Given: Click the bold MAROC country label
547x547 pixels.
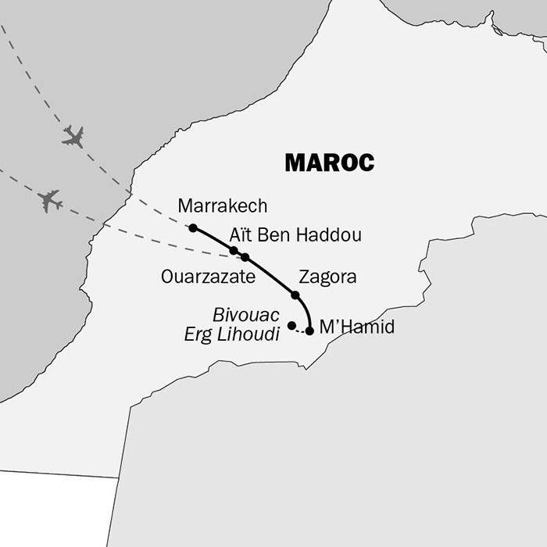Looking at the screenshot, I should pyautogui.click(x=329, y=163).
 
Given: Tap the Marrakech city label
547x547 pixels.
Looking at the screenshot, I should pyautogui.click(x=223, y=206).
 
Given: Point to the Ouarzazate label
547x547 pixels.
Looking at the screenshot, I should pyautogui.click(x=207, y=277).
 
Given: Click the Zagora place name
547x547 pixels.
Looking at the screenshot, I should pyautogui.click(x=327, y=277).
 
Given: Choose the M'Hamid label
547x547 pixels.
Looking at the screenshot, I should pyautogui.click(x=357, y=327).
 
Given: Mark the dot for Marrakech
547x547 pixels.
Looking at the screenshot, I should pyautogui.click(x=193, y=228).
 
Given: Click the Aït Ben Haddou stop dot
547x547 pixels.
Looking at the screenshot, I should pyautogui.click(x=233, y=250).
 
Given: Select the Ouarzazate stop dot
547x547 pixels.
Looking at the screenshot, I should pyautogui.click(x=245, y=257).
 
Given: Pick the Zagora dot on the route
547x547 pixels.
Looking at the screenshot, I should pyautogui.click(x=295, y=295).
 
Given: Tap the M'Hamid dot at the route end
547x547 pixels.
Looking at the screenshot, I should pyautogui.click(x=309, y=331).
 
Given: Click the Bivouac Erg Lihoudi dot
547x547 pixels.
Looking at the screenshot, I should pyautogui.click(x=291, y=325).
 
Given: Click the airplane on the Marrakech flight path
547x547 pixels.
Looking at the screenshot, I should pyautogui.click(x=73, y=137).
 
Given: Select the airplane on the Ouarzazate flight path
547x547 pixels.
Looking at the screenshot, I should pyautogui.click(x=50, y=201).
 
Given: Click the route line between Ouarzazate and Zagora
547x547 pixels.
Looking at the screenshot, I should pyautogui.click(x=270, y=274).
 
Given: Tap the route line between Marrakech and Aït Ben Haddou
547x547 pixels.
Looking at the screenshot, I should pyautogui.click(x=213, y=238).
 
